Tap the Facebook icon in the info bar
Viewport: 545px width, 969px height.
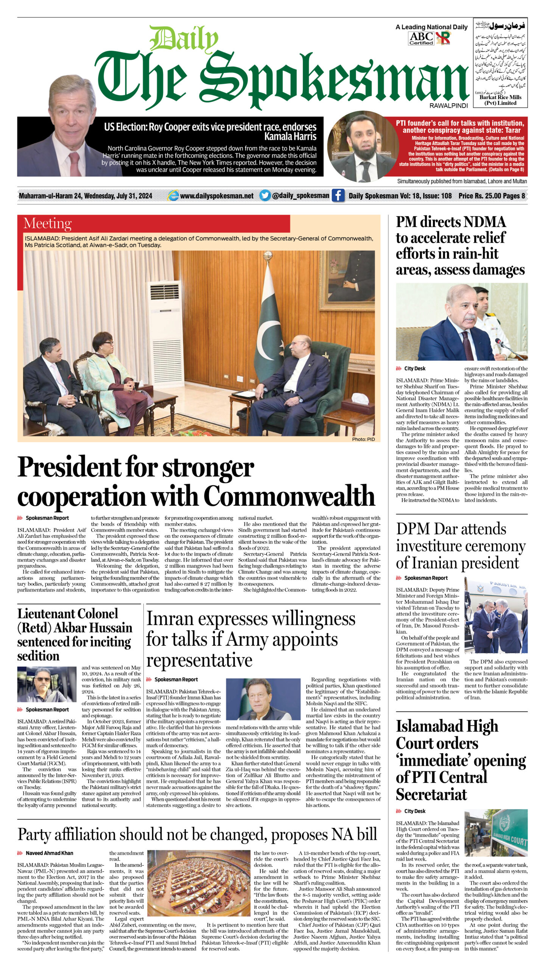(338, 196)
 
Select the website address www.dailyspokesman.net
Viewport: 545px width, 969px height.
(216, 196)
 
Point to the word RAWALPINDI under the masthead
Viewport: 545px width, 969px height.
(448, 106)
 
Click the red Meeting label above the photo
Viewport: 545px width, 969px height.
(47, 223)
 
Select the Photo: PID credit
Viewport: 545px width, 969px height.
(363, 439)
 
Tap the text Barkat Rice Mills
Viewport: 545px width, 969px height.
(500, 97)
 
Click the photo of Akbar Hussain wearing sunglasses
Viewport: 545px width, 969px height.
(47, 684)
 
